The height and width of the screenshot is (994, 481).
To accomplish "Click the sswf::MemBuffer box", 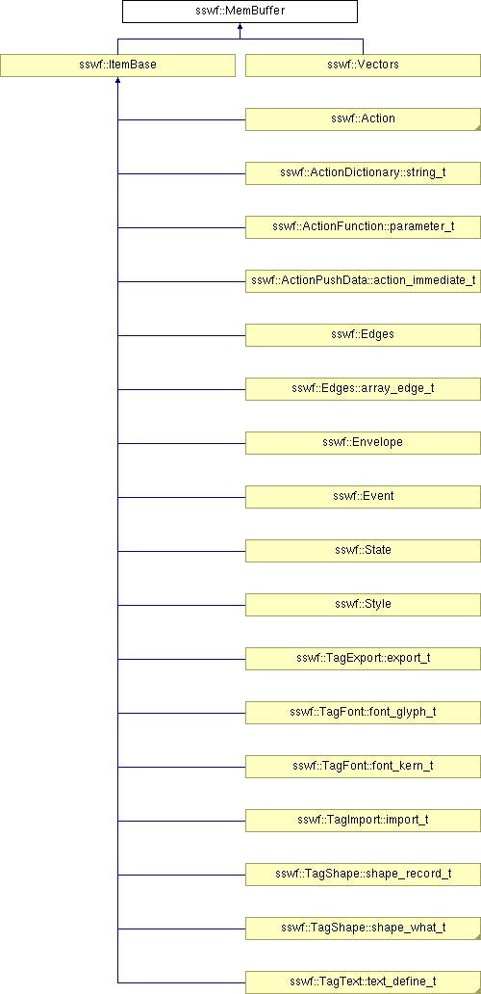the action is (240, 12).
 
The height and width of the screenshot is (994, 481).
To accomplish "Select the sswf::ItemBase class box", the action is (117, 65).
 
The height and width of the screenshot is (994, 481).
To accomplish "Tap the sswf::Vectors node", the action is (363, 65).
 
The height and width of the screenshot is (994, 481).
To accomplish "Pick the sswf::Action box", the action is (363, 119).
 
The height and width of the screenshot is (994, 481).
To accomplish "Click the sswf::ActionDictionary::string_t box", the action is (363, 173).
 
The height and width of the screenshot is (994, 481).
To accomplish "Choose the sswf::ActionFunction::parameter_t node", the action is (363, 227).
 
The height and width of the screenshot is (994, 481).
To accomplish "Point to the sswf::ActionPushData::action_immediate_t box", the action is (363, 281).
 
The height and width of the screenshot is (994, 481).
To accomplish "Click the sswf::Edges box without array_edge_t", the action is (363, 335).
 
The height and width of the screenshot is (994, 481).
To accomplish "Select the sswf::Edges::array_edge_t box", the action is (363, 388).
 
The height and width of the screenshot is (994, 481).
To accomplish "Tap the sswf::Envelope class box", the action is (363, 442).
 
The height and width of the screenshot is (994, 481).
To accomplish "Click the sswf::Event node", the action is (363, 496).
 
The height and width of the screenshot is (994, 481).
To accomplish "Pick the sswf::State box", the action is (363, 550).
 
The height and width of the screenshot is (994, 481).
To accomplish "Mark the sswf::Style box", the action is (363, 604).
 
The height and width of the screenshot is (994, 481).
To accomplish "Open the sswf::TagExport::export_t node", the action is (363, 658).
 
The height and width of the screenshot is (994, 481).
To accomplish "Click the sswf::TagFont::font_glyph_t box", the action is (363, 712).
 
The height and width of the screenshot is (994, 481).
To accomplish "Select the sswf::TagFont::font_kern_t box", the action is (363, 766).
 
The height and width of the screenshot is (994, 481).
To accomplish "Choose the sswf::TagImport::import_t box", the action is (363, 820).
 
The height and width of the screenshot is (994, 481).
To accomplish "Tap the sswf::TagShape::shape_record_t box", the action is (363, 874).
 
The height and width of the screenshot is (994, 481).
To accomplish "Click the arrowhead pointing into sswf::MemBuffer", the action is (240, 27).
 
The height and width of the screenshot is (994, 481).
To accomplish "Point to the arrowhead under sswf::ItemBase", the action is (117, 81).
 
